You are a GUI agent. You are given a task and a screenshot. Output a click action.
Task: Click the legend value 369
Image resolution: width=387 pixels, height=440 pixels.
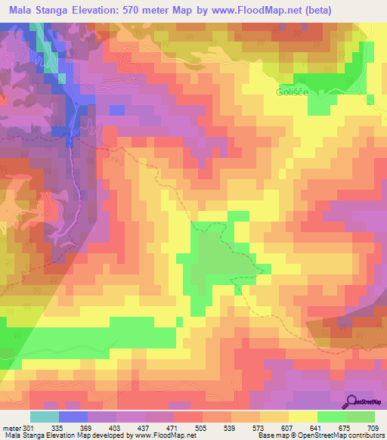pyautogui.click(x=85, y=428)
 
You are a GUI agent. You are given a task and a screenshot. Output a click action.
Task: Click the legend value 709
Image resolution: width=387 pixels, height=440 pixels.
pyautogui.click(x=372, y=428)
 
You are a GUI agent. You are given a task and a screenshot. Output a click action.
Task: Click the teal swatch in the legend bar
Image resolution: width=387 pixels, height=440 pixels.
pyautogui.click(x=45, y=417)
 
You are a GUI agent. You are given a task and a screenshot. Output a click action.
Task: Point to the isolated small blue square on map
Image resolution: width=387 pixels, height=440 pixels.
pyautogui.click(x=116, y=110)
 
